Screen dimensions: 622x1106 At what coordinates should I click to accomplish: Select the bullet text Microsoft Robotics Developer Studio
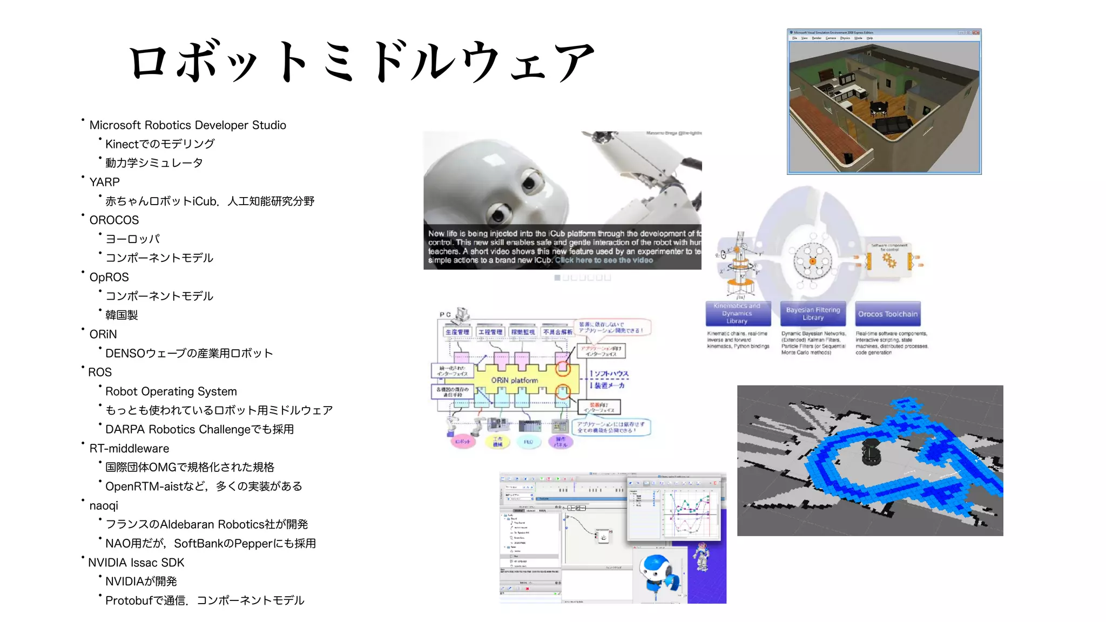(x=187, y=125)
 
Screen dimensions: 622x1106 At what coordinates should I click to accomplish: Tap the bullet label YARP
(x=104, y=182)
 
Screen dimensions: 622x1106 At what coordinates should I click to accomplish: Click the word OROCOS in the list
(x=114, y=220)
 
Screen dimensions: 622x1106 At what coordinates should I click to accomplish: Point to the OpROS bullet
(x=109, y=278)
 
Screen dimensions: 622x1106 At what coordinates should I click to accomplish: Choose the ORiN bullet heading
(x=103, y=335)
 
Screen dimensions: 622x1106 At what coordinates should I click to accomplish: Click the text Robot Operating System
(x=171, y=391)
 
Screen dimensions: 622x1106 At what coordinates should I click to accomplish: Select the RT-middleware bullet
(x=129, y=449)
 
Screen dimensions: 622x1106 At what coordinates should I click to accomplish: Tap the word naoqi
(x=104, y=506)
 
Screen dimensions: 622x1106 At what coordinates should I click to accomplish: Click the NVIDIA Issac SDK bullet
(x=136, y=563)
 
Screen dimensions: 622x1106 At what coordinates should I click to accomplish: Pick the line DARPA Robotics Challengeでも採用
(x=199, y=430)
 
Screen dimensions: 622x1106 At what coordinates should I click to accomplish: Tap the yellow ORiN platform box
(x=514, y=380)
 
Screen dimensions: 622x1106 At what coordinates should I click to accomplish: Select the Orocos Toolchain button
(x=888, y=314)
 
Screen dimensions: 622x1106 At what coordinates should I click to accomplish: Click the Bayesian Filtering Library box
(x=813, y=314)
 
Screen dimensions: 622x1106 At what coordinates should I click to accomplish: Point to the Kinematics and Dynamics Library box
(x=737, y=314)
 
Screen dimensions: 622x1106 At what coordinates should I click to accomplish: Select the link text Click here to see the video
(x=604, y=260)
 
